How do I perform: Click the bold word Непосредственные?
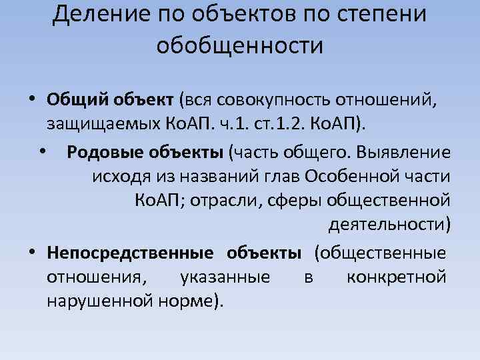(x=130, y=253)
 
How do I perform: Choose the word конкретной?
(x=397, y=277)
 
